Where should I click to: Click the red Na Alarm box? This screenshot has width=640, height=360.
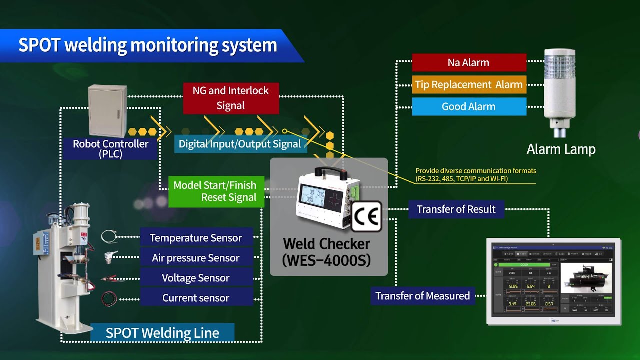tap(469, 63)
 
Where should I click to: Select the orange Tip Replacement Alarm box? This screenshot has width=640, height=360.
tap(469, 85)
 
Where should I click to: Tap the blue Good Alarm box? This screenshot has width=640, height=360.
tap(469, 107)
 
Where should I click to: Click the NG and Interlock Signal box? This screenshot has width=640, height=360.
tap(231, 98)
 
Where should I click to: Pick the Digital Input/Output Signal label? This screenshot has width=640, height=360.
tap(240, 144)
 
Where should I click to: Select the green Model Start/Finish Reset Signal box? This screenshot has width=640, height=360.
tap(215, 191)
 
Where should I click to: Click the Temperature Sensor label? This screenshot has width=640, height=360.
tap(196, 238)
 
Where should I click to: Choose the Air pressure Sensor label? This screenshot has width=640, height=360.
tap(196, 258)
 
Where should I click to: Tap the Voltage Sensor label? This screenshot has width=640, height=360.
tap(196, 278)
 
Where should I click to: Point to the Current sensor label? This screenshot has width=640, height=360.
tap(196, 298)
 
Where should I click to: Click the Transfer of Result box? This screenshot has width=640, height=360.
tap(456, 209)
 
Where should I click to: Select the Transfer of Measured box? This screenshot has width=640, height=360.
tap(422, 296)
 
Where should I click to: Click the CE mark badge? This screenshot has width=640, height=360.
tap(366, 217)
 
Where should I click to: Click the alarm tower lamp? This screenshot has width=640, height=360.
tap(560, 90)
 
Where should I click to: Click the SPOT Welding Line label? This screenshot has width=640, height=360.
tap(162, 333)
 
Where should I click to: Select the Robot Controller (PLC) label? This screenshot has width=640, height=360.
tap(110, 148)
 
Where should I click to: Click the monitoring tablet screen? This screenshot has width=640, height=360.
tap(553, 282)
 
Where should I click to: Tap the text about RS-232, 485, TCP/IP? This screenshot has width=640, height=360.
tap(475, 175)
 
